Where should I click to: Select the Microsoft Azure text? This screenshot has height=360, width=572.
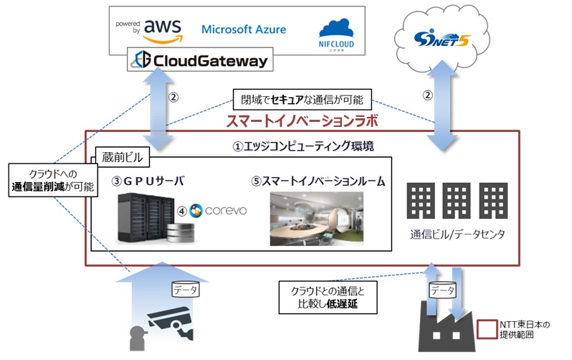(244, 29)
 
